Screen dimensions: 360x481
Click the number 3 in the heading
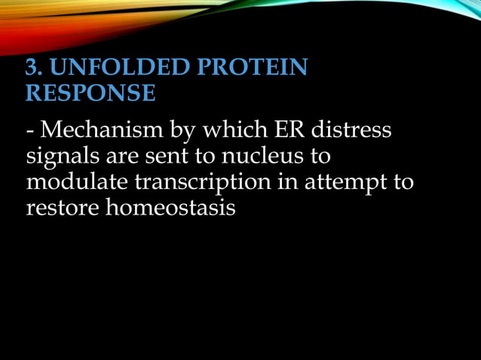[x=32, y=69]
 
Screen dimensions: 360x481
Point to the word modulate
[x=72, y=182]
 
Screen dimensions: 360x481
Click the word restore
[x=62, y=207]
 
